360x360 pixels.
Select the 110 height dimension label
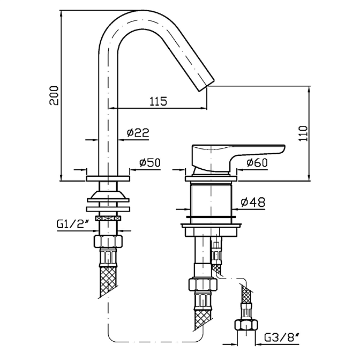click(303, 132)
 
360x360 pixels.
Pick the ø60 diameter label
click(257, 162)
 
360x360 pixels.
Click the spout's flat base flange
click(108, 177)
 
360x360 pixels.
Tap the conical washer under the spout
click(108, 194)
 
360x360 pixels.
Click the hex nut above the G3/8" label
click(246, 325)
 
